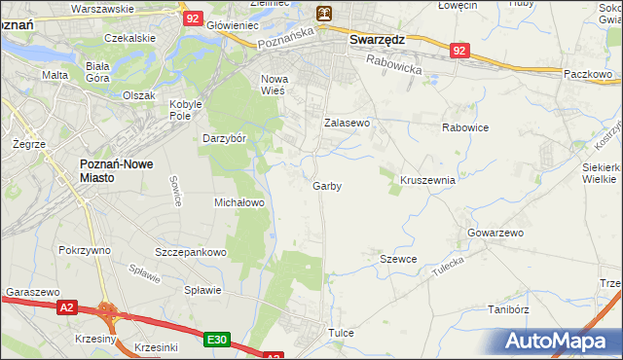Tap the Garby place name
tap(327, 185)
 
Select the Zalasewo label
tap(348, 124)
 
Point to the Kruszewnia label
tap(427, 180)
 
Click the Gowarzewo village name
tap(495, 234)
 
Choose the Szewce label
tap(398, 259)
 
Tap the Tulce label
tap(341, 333)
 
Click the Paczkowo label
tap(587, 73)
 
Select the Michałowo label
tap(239, 202)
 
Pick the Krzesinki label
tap(156, 347)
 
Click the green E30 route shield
tap(217, 339)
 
